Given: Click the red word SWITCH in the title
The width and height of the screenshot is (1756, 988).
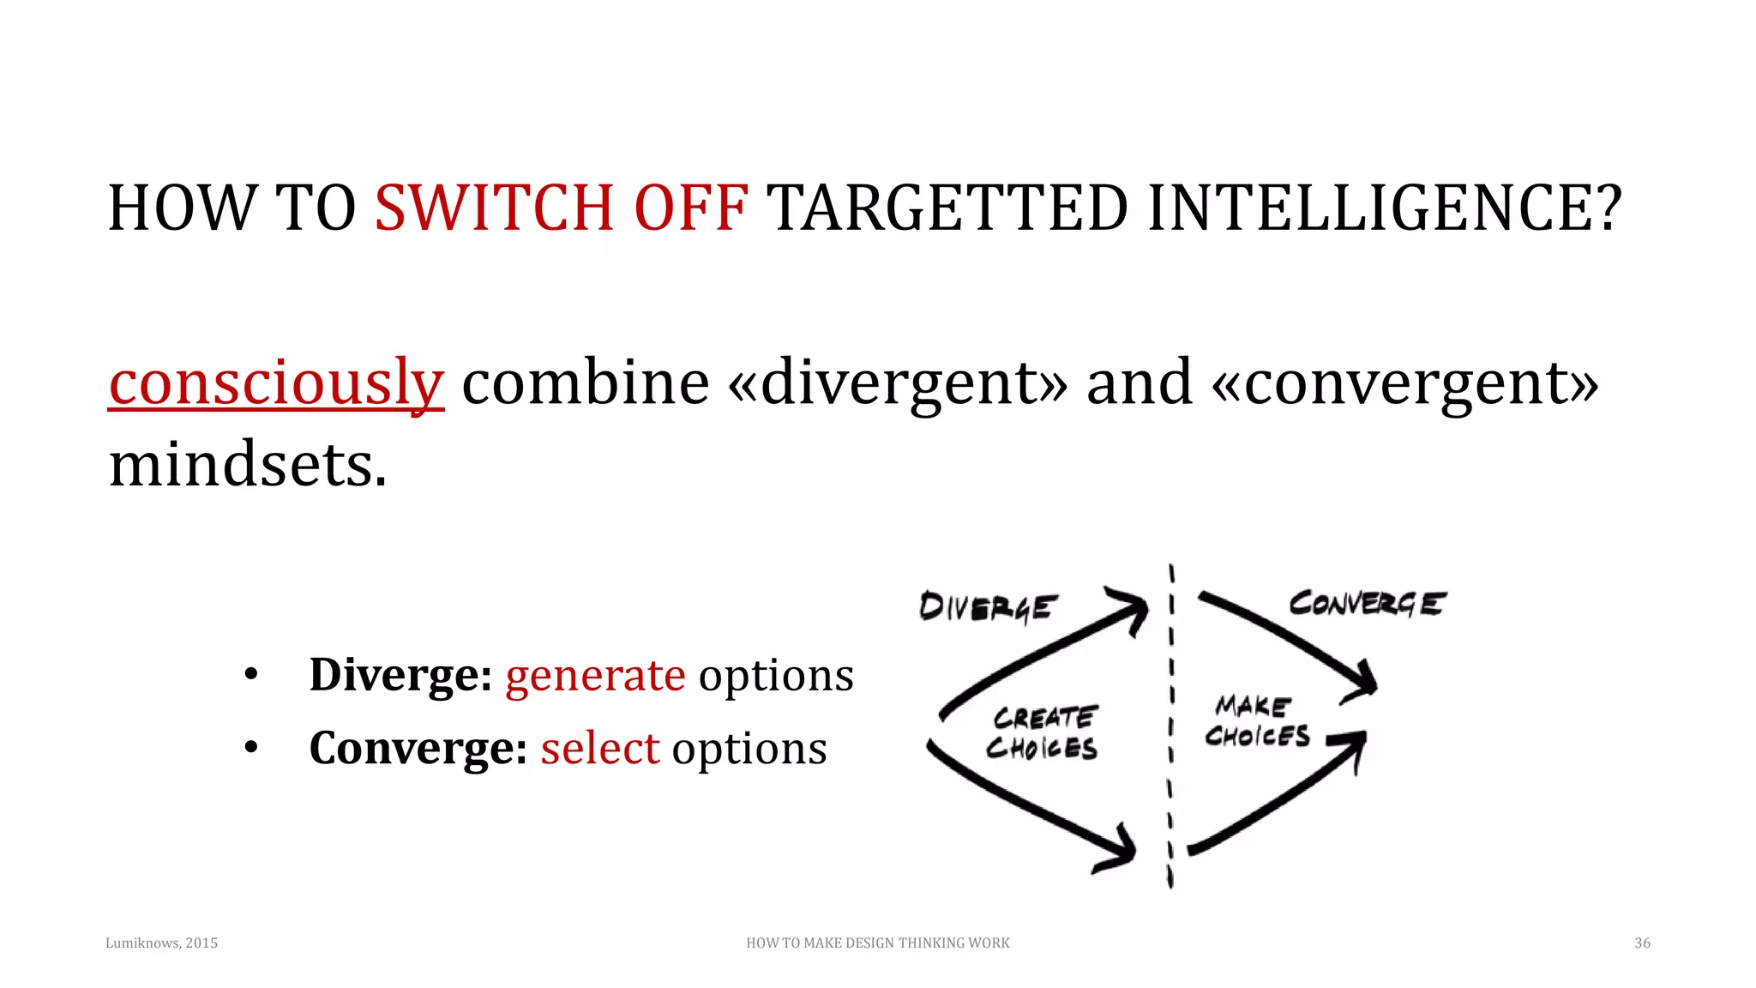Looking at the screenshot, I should click(x=494, y=208).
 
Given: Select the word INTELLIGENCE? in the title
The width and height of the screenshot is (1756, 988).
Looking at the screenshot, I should click(x=1384, y=208).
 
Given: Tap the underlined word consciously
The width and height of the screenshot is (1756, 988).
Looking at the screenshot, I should click(x=276, y=383).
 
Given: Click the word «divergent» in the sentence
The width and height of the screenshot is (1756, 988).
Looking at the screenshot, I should click(x=898, y=383).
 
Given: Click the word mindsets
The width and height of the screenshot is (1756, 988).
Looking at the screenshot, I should click(x=248, y=465).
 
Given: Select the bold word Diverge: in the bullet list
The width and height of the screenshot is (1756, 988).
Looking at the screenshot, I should click(x=400, y=675).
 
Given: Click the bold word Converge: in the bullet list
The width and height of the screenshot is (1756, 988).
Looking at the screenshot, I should click(x=418, y=749).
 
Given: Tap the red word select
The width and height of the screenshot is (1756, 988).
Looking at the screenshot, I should click(x=599, y=749).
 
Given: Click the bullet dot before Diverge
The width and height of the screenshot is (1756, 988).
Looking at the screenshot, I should click(x=250, y=675).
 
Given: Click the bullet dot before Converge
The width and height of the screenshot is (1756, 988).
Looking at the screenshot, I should click(x=250, y=749).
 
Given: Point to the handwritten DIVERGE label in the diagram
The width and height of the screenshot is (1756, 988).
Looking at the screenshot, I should click(x=988, y=607).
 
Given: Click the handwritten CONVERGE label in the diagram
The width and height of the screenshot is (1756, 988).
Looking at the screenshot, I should click(x=1367, y=604).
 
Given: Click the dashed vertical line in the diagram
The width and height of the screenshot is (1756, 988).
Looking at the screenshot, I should click(x=1170, y=729).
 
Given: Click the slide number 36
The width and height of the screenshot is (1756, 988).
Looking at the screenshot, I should click(x=1642, y=943).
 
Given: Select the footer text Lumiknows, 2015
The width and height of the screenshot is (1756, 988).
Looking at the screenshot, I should click(x=161, y=943).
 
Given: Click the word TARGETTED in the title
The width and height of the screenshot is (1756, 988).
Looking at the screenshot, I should click(x=947, y=208).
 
